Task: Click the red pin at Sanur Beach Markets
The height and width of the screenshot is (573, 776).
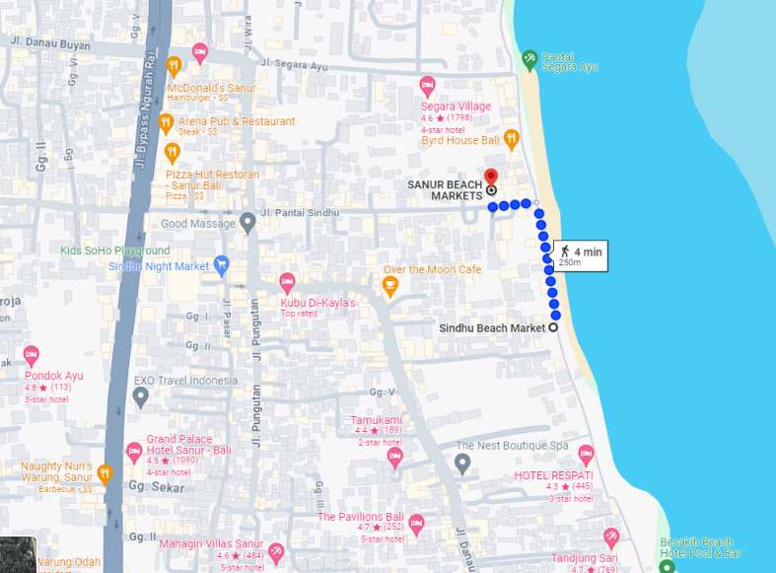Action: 491,177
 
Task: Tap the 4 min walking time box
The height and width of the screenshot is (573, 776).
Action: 580,255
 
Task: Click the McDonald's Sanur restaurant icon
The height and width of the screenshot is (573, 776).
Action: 175,67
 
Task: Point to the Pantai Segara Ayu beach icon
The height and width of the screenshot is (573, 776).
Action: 529,59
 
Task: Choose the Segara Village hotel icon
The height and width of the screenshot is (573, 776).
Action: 427,86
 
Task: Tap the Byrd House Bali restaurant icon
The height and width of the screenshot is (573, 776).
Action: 511,139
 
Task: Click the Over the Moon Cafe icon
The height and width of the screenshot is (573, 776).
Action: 390,286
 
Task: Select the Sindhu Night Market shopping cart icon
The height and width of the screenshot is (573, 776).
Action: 222,265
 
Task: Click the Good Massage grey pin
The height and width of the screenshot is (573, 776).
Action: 248,223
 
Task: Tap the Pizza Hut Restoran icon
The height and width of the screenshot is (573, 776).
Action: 173,152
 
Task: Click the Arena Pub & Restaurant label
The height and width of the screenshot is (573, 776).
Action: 236,121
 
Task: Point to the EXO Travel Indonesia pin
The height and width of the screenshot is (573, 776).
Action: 141,396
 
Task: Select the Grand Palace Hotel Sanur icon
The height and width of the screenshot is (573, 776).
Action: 134,453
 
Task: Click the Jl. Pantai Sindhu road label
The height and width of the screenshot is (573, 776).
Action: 301,213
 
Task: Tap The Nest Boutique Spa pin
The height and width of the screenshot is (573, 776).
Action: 462,462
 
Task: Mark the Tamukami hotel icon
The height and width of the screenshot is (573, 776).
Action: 395,457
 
